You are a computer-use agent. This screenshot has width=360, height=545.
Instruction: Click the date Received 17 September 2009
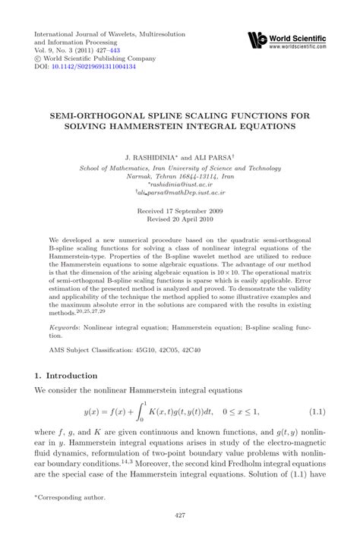(179, 212)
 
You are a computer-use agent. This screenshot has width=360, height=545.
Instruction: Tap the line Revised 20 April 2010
(179, 221)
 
